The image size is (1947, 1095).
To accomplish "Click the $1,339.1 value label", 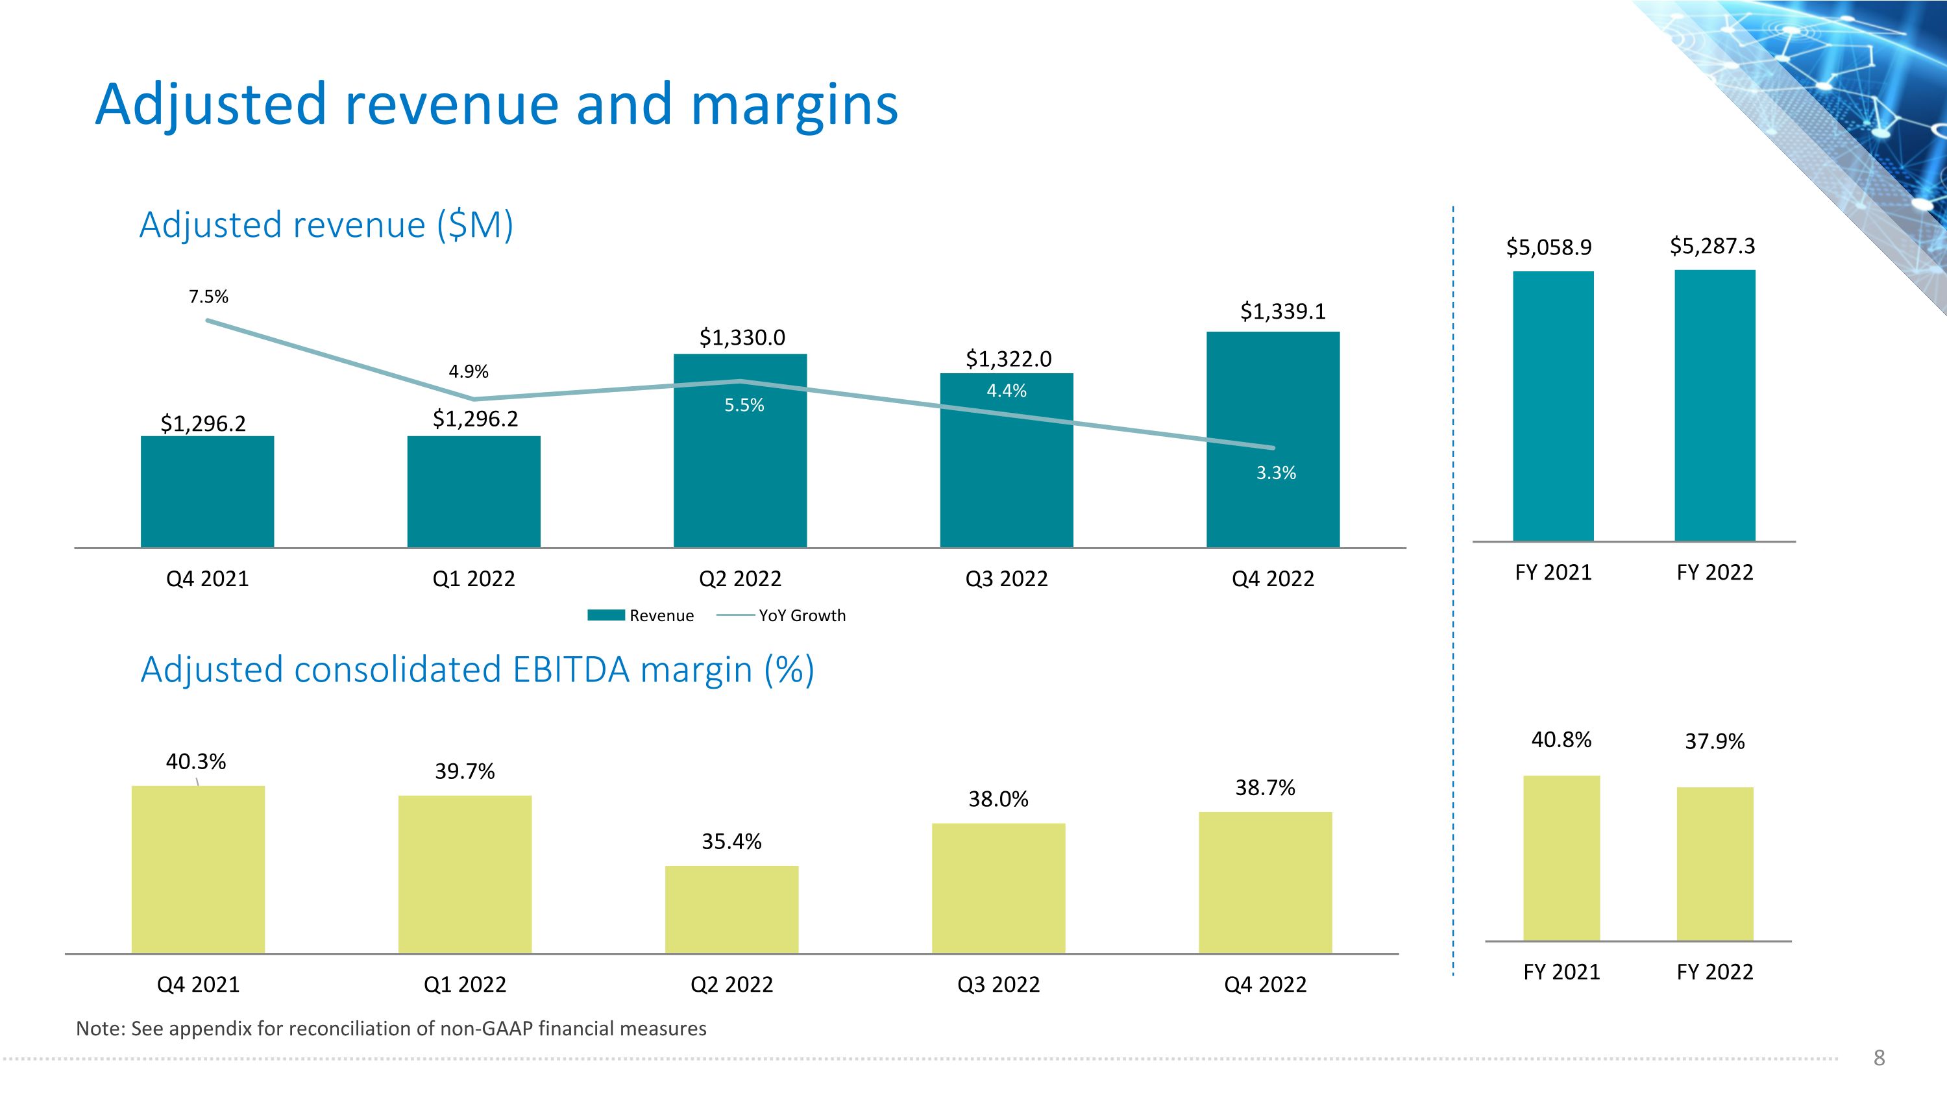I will point(1282,312).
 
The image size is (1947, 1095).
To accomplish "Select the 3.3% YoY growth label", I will point(1276,473).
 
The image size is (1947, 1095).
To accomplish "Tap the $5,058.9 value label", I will point(1549,247).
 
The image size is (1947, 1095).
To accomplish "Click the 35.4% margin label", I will point(731,842).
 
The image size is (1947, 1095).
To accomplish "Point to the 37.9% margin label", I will point(1714,741).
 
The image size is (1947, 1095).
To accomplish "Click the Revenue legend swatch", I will point(606,615).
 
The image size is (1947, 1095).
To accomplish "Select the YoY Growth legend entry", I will point(801,615).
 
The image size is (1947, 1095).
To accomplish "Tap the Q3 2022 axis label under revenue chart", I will point(1006,579).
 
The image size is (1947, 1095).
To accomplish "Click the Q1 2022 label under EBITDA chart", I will point(465,985).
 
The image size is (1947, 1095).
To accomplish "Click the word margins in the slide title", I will point(794,105).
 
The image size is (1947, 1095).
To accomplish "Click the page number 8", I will point(1879,1058).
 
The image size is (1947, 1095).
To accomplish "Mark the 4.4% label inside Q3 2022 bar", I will point(1006,391).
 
